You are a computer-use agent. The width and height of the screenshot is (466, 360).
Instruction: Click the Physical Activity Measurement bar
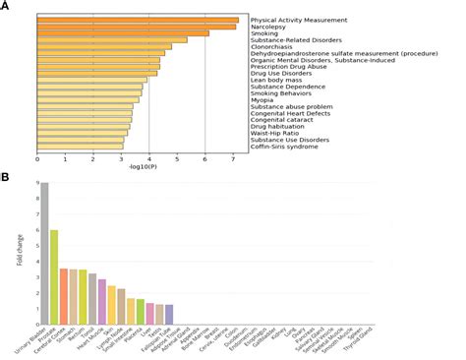[x=138, y=20]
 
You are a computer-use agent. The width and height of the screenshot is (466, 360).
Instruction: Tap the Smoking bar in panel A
[x=123, y=33]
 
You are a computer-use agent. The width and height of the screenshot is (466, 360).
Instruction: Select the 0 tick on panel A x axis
[x=37, y=157]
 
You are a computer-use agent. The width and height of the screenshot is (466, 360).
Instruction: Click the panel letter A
[x=6, y=7]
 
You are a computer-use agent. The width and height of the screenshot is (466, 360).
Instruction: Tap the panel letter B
[x=6, y=177]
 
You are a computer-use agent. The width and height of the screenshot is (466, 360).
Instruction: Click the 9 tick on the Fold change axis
[x=31, y=183]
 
